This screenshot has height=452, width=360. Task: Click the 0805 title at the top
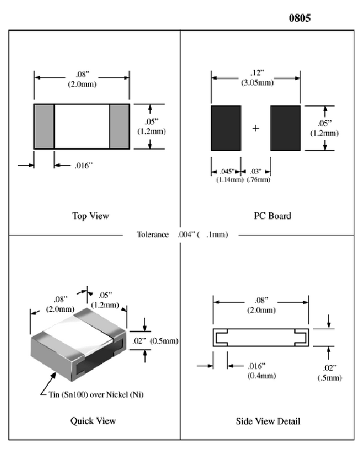point(299,18)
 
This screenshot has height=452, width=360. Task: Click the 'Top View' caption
point(91,216)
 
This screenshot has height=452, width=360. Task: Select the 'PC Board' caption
point(272,216)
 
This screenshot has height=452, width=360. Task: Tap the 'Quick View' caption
point(93,421)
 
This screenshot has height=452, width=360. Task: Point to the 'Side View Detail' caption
point(268,421)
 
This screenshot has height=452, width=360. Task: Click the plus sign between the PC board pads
point(255,128)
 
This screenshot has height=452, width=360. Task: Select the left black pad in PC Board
point(225,128)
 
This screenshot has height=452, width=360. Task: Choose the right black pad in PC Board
point(285,128)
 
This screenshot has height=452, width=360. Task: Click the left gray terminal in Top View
point(44,126)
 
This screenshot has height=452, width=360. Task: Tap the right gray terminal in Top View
point(120,126)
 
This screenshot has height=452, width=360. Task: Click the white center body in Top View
point(82,126)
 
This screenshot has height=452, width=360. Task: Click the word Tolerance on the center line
point(153,235)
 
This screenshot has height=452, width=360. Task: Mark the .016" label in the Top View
point(83,166)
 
